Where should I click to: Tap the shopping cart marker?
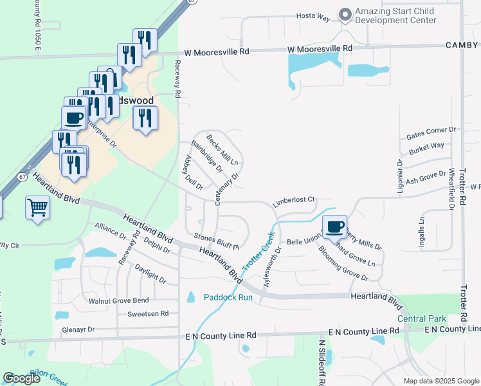pyautogui.click(x=38, y=208)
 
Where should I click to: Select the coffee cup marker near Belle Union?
pyautogui.click(x=334, y=227)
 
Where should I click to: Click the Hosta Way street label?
pyautogui.click(x=313, y=17)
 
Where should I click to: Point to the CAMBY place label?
pyautogui.click(x=462, y=45)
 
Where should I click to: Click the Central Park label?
pyautogui.click(x=421, y=318)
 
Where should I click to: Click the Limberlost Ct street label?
pyautogui.click(x=293, y=200)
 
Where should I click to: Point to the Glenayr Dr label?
pyautogui.click(x=78, y=329)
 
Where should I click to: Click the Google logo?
pyautogui.click(x=21, y=378)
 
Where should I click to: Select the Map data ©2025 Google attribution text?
pyautogui.click(x=441, y=381)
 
